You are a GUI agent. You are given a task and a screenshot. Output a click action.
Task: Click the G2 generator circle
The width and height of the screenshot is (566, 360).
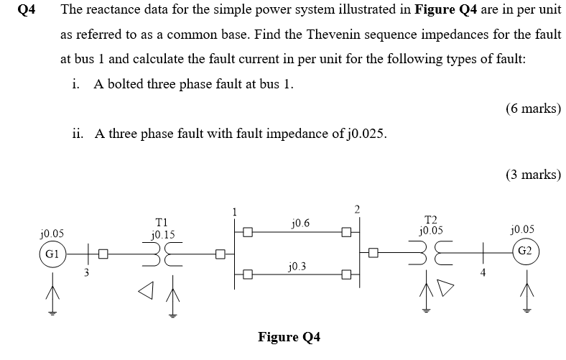pyautogui.click(x=524, y=251)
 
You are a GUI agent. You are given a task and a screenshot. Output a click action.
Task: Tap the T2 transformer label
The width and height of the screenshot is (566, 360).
pyautogui.click(x=431, y=219)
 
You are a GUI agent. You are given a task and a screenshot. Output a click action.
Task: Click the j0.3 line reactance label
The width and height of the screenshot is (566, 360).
pyautogui.click(x=295, y=266)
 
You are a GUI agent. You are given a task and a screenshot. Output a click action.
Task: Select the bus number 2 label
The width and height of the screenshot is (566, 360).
pyautogui.click(x=357, y=209)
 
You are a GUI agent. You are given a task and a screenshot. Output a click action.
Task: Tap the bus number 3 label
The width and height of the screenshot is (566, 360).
pyautogui.click(x=86, y=272)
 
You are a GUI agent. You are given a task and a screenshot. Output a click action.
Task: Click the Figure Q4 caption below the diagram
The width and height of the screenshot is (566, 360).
pyautogui.click(x=289, y=337)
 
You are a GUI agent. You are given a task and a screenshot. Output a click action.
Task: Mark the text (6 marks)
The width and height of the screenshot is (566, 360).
pyautogui.click(x=532, y=109)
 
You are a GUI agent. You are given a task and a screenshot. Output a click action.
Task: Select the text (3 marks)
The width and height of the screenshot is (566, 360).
pyautogui.click(x=532, y=174)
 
